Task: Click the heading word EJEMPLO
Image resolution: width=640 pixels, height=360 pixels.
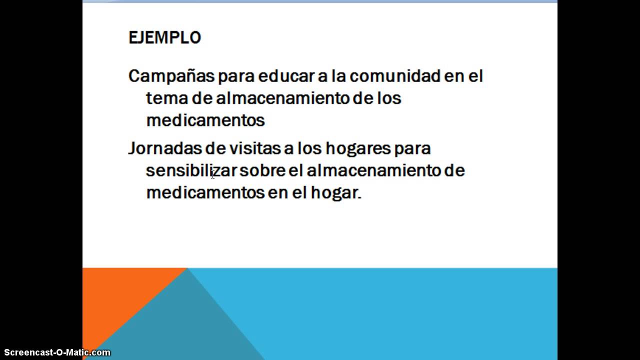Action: pyautogui.click(x=164, y=38)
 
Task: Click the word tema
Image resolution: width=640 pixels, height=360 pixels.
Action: pyautogui.click(x=166, y=98)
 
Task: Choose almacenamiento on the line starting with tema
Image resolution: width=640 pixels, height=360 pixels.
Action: pyautogui.click(x=283, y=98)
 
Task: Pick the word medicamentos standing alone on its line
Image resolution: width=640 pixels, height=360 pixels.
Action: pyautogui.click(x=205, y=120)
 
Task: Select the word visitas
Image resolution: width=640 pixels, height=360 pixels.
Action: pyautogui.click(x=254, y=148)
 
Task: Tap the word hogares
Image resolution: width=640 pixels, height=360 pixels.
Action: pyautogui.click(x=357, y=148)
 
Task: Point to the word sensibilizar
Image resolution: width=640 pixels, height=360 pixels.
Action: pyautogui.click(x=191, y=170)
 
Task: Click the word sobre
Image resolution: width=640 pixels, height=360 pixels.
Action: pyautogui.click(x=262, y=170)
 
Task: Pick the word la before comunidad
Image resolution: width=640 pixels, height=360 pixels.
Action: pyautogui.click(x=336, y=76)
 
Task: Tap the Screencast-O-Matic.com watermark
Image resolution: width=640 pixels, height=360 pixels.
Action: pyautogui.click(x=57, y=352)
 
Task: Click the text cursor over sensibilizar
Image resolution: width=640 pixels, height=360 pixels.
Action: pyautogui.click(x=212, y=174)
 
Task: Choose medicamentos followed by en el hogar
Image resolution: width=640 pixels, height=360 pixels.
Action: pyautogui.click(x=205, y=192)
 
